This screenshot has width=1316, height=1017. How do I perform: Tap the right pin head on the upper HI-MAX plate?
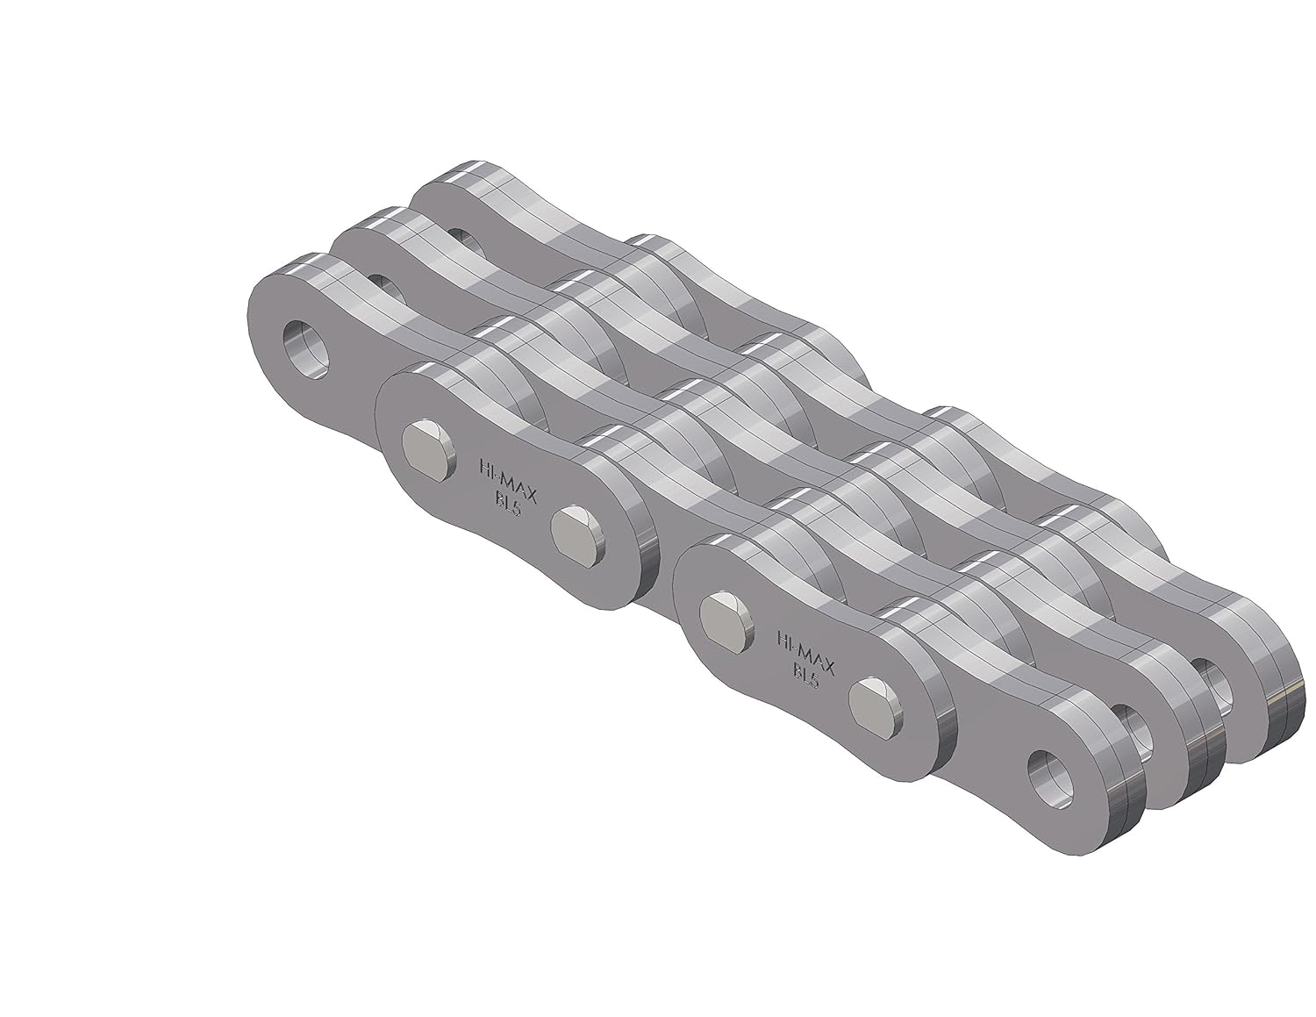point(577,533)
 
